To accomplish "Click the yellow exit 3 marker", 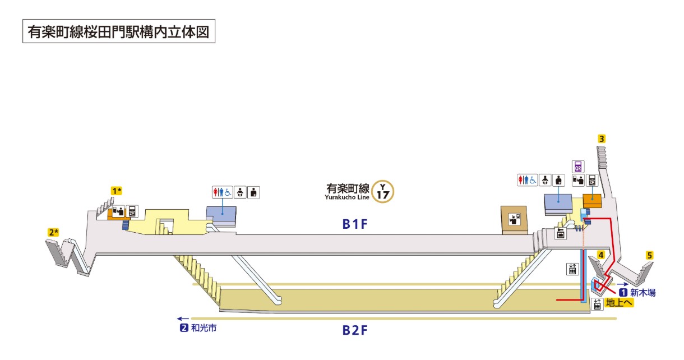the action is pos(601,139).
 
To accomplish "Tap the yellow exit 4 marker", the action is pos(600,255).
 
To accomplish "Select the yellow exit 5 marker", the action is pos(649,255).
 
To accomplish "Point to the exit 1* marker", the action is pos(117,191).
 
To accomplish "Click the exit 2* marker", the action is pos(53,232).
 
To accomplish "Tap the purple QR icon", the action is pos(578,167).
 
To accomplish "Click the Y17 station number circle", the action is pos(382,191).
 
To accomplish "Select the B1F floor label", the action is pos(355,224).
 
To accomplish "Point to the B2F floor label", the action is pos(355,330).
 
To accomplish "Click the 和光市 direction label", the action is pos(204,328).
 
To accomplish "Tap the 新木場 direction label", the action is pos(643,293).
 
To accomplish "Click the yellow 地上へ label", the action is pos(619,303).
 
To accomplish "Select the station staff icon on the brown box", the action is pos(514,219).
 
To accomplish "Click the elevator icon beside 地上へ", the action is pos(597,304).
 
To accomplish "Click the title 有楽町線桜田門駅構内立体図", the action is pos(119,31).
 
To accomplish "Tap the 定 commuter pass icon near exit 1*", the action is pos(132,211).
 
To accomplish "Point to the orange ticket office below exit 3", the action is pos(592,201).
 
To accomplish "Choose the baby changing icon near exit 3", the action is pos(545,180).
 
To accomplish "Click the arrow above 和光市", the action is pos(183,319).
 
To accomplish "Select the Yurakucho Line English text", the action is pos(347,197).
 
